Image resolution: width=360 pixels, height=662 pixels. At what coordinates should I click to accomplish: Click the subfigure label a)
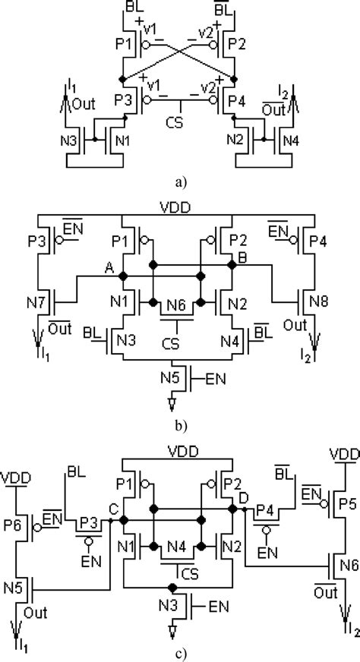click(179, 182)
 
